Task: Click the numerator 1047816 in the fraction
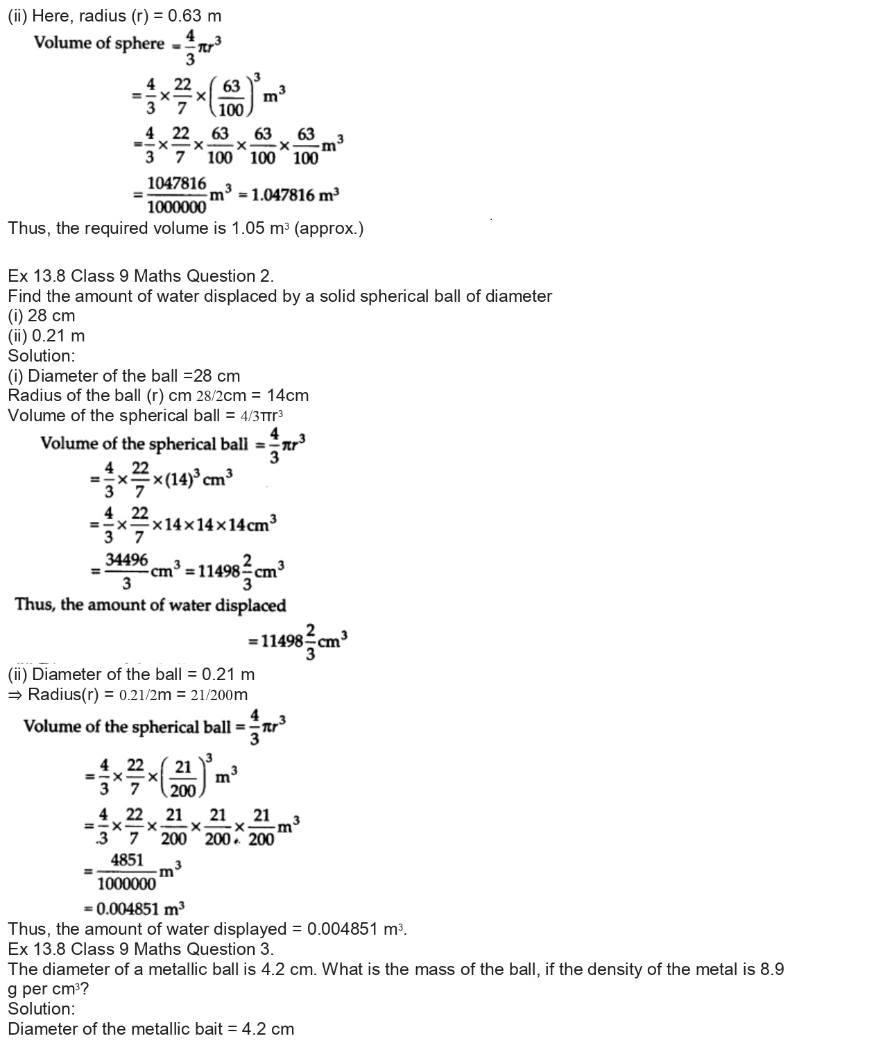pos(177,184)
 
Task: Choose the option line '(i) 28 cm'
pos(42,316)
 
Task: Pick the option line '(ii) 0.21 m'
pos(46,336)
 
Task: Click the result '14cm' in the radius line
pos(288,396)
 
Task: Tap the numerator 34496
pos(126,559)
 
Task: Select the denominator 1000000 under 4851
pos(127,883)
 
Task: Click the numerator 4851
pos(127,860)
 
